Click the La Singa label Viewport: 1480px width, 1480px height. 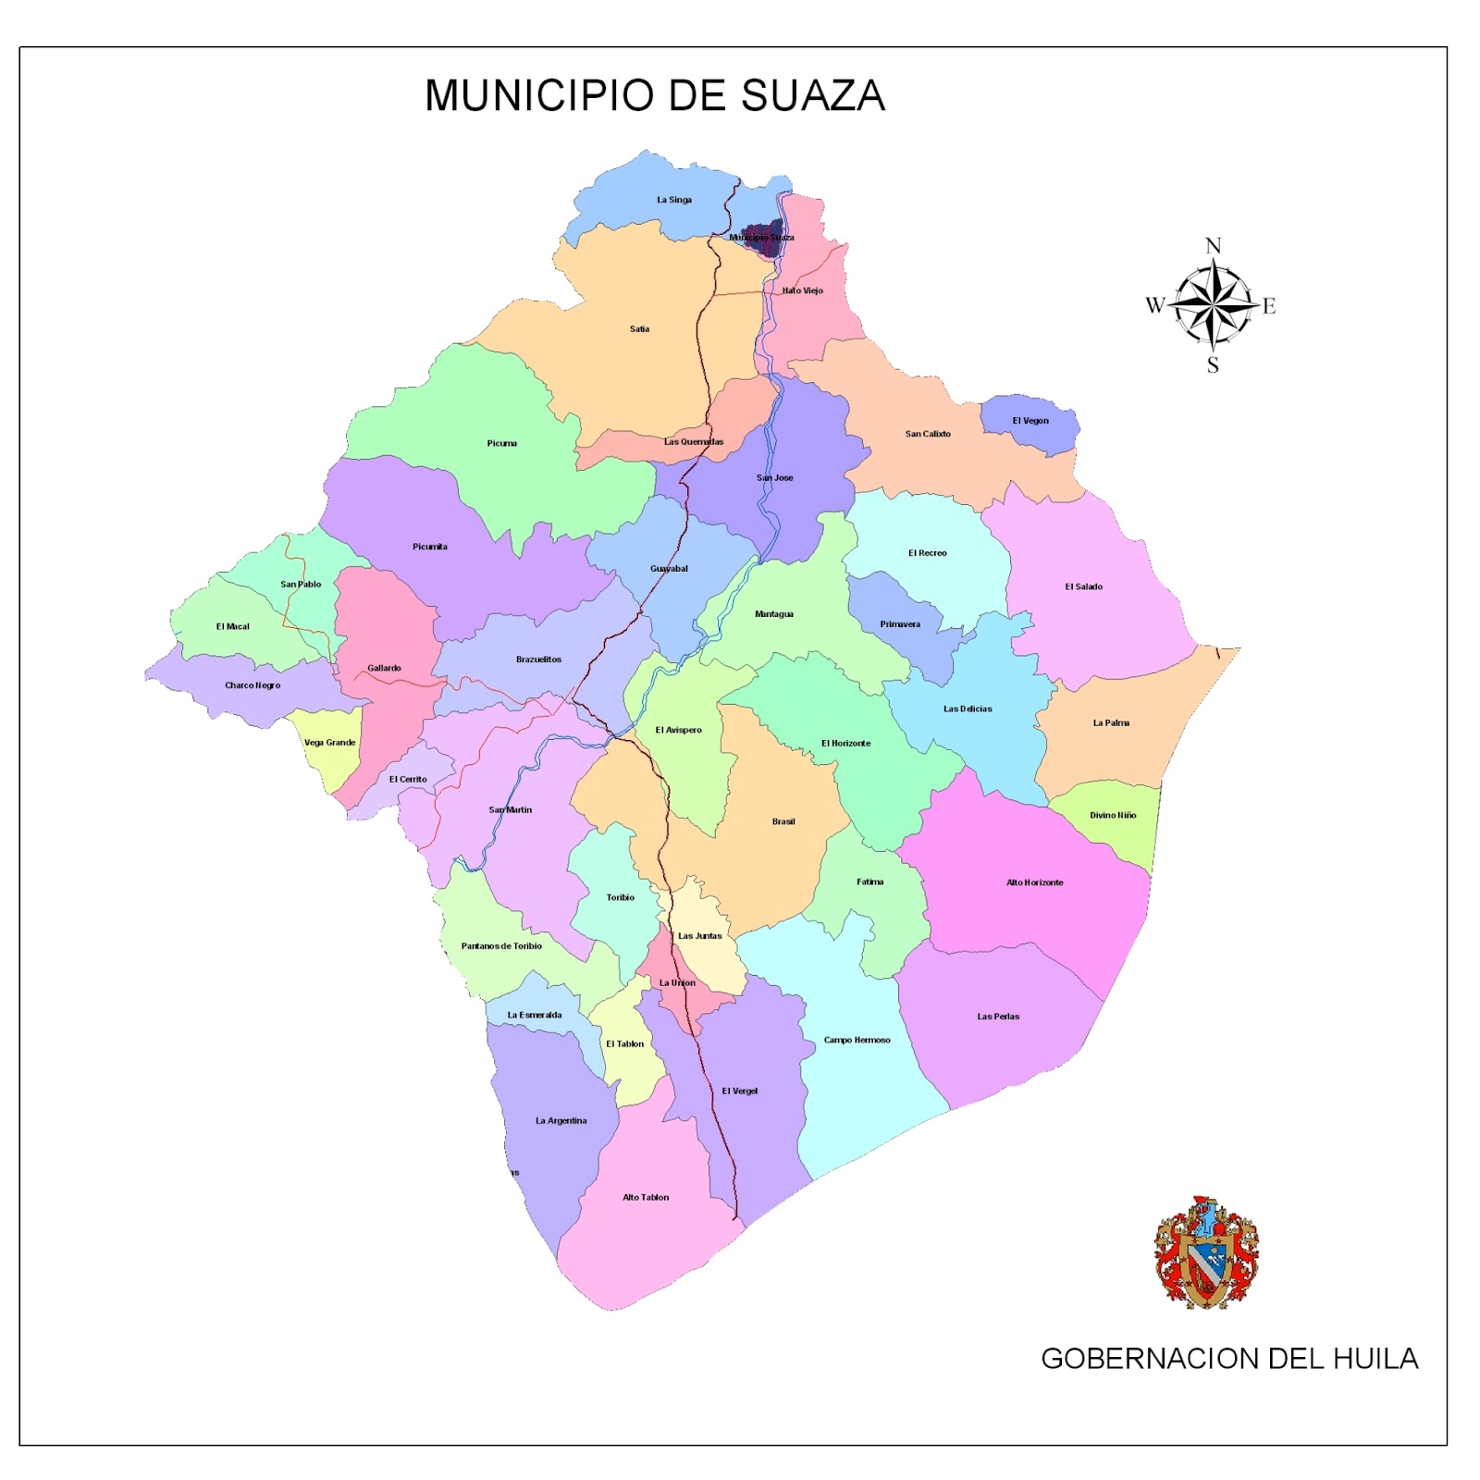pyautogui.click(x=673, y=200)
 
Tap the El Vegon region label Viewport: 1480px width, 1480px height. pyautogui.click(x=1030, y=421)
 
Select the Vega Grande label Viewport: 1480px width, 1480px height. pyautogui.click(x=329, y=743)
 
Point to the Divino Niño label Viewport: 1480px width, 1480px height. pyautogui.click(x=1112, y=816)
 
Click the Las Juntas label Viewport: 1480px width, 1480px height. pyautogui.click(x=699, y=936)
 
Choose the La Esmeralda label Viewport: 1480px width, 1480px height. pyautogui.click(x=534, y=1015)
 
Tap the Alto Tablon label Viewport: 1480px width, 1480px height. pyautogui.click(x=645, y=1198)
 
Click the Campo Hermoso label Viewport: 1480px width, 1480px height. pyautogui.click(x=857, y=1041)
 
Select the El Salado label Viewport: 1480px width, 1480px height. pyautogui.click(x=1083, y=586)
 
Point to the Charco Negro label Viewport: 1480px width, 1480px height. pyautogui.click(x=252, y=685)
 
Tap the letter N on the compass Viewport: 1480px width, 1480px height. pyautogui.click(x=1213, y=246)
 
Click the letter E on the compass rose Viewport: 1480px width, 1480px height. pyautogui.click(x=1268, y=306)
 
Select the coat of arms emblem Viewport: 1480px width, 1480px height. pyautogui.click(x=1205, y=1252)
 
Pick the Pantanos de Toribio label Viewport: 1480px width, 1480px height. pyautogui.click(x=501, y=946)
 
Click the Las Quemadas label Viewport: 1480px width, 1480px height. pyautogui.click(x=693, y=442)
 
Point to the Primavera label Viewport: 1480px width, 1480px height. pyautogui.click(x=899, y=624)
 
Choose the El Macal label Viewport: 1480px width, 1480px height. pyautogui.click(x=232, y=627)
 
